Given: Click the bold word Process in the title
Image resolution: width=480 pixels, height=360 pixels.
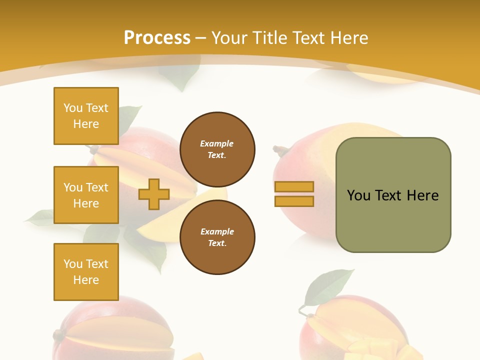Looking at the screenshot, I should coord(157,38).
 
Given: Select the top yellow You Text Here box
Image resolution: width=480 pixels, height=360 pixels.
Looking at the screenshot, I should coord(86,116).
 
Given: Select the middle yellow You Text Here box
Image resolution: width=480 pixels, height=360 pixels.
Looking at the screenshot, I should coord(86,195).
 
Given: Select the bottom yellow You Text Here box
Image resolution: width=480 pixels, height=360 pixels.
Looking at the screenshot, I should coord(86,272).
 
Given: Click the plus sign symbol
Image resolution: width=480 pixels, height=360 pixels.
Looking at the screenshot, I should coord(154,194).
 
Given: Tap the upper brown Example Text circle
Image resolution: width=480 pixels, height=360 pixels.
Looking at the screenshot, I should coord(217,149).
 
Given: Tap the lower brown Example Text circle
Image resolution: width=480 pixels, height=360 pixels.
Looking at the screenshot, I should coord(217,237).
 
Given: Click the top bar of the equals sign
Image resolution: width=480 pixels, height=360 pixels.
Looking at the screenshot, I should coord(294,186).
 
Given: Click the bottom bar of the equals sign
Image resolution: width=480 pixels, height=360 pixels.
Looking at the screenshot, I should coord(294,201).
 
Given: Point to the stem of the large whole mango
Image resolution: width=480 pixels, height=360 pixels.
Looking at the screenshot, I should coord(280,149).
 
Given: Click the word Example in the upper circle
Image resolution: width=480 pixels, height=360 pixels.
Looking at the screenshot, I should coord(217,144).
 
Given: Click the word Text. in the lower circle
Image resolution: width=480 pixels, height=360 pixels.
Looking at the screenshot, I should coord(217,243).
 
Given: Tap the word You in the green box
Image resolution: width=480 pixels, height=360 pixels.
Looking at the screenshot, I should coord(358,195).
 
